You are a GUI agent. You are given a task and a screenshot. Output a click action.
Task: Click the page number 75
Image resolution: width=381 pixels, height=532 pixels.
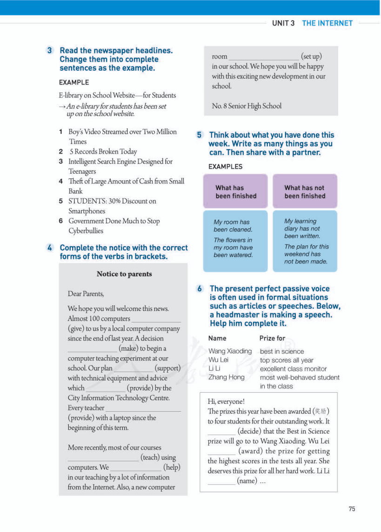tap(352, 509)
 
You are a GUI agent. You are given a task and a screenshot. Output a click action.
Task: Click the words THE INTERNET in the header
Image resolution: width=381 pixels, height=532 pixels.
tap(327, 23)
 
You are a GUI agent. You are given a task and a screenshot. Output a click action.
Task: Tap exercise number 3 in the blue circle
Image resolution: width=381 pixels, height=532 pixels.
tap(50, 50)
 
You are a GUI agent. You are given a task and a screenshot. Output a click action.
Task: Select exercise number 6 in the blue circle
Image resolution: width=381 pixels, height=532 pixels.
tap(200, 289)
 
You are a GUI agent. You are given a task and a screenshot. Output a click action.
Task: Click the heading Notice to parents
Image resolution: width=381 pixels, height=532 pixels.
tap(124, 274)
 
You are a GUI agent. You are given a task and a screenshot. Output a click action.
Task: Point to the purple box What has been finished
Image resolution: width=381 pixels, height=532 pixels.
tap(235, 192)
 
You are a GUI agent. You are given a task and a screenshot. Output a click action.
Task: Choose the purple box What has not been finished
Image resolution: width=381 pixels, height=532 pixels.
tap(305, 192)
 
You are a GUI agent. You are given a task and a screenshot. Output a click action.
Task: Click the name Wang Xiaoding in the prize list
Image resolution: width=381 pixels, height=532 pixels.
tap(230, 351)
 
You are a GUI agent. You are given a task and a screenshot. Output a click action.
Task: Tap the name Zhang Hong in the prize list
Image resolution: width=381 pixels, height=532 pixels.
tap(226, 377)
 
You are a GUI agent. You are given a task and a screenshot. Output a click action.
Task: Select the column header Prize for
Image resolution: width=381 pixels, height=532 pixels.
tap(272, 338)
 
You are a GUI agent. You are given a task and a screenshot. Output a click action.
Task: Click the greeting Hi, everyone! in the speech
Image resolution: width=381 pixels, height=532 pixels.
tap(226, 401)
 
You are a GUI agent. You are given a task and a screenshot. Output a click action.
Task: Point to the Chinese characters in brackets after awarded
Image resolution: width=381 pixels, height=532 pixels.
tap(321, 411)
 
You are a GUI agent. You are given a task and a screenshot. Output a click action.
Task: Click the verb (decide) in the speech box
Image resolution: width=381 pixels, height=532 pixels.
tap(249, 431)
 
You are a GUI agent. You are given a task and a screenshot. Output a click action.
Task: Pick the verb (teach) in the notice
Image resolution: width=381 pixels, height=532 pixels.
tap(158, 458)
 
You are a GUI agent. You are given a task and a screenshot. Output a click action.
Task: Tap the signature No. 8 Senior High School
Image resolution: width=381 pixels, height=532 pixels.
tap(247, 106)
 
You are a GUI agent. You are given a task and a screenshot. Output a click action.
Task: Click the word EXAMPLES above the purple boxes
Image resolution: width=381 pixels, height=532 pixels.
tap(225, 167)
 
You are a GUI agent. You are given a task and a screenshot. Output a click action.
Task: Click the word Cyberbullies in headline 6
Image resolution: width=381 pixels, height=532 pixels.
tap(86, 231)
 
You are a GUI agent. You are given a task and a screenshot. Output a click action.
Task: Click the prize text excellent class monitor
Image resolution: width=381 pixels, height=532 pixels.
tap(293, 369)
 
